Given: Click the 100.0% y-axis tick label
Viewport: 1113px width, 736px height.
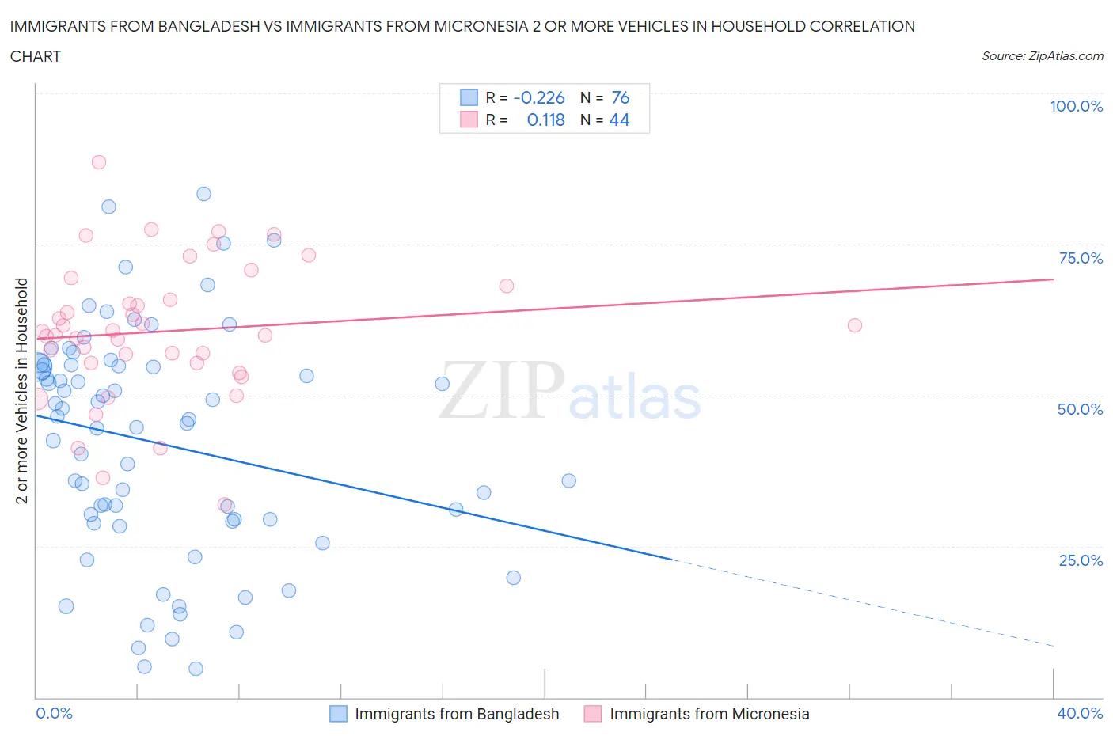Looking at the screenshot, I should tap(1076, 106).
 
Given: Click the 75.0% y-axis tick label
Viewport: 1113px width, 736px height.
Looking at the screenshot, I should tap(1081, 258).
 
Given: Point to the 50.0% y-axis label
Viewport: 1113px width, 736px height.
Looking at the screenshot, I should tap(1080, 409).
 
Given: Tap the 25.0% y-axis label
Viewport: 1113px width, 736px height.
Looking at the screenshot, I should tap(1081, 560).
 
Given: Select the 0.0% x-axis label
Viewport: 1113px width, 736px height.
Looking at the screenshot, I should tap(54, 713).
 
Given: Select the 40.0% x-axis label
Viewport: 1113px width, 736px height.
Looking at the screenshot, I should tap(1080, 713).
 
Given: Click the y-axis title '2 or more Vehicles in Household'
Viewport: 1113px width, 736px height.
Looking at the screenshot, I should tap(22, 390).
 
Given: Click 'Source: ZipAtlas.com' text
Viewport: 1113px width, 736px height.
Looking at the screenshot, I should tap(1042, 56).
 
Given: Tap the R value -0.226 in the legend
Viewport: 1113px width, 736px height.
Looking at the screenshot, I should tap(539, 97).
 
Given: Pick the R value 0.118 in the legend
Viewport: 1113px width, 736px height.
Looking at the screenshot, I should tap(545, 120).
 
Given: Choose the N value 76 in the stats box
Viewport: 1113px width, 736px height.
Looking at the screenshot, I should tap(620, 97).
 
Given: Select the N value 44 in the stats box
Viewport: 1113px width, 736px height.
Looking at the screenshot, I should tap(619, 120).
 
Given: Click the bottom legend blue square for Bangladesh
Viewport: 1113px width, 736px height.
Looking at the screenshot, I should tap(338, 714).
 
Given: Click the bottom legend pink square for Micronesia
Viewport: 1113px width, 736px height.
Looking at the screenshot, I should tap(592, 714).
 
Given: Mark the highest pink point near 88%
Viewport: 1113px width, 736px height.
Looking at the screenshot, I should tap(99, 162).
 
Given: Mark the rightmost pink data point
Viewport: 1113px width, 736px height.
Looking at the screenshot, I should tap(854, 325).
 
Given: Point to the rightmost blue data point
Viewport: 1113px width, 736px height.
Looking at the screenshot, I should tap(568, 480).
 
